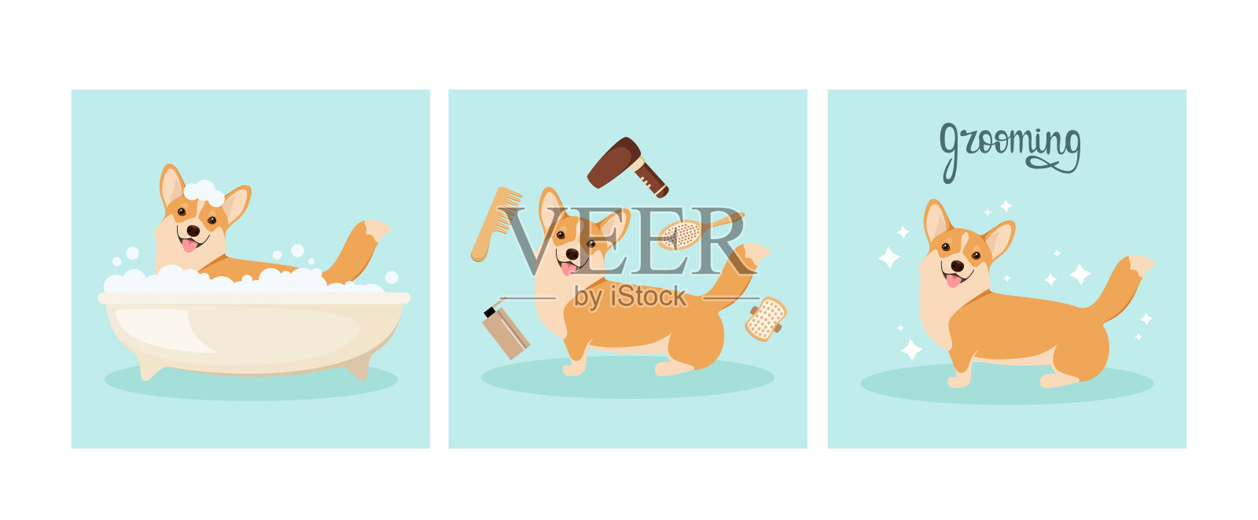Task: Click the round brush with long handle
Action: point(682,234)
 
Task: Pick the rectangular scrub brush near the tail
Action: point(766,318)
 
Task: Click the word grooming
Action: point(1010,149)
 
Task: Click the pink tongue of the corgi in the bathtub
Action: point(189,245)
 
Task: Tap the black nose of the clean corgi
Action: point(957,266)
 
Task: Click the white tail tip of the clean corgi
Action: point(1141,264)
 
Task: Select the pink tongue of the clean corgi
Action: point(954,280)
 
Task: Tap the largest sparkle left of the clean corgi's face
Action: point(889,257)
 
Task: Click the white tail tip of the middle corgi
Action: point(756,253)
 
